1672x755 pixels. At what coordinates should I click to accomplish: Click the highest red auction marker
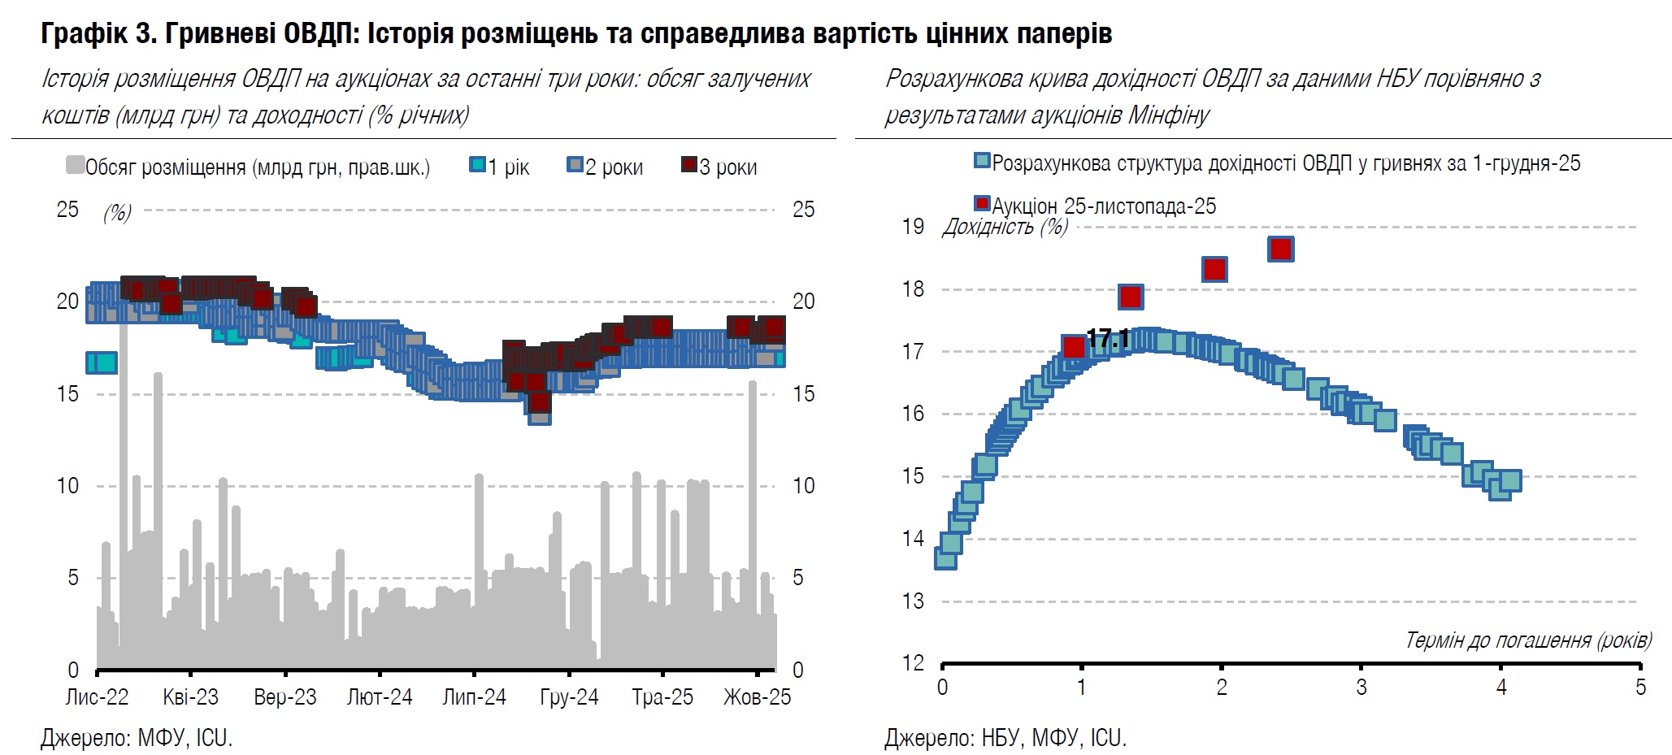point(1280,249)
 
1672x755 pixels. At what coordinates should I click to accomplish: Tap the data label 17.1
point(1108,339)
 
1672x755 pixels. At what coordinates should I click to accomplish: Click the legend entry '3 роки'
point(719,167)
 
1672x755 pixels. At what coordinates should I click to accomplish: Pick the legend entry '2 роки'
point(605,167)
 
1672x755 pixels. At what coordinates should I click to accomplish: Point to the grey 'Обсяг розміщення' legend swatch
point(75,166)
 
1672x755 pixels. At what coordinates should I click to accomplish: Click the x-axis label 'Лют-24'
point(380,697)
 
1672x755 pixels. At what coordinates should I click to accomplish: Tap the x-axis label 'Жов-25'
point(757,697)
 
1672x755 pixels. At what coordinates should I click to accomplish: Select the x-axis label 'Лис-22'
point(97,697)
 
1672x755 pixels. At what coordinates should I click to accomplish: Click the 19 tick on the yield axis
point(913,227)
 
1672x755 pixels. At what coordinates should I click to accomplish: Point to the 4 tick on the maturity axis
point(1500,688)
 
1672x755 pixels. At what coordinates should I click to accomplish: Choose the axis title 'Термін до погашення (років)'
point(1528,640)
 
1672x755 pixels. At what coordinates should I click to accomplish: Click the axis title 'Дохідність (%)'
point(1005,227)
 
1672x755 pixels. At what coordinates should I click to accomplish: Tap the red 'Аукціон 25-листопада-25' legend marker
point(982,203)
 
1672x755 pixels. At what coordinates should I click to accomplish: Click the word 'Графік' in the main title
point(82,33)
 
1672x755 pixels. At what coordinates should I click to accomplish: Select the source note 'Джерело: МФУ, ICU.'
point(137,738)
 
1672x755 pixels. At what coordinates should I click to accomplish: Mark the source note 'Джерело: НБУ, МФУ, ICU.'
point(1005,738)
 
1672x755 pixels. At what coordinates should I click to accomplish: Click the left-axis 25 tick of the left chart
point(67,210)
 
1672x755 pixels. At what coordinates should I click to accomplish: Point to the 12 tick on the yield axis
point(913,663)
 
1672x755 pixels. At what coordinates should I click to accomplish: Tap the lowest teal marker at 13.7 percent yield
point(945,558)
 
